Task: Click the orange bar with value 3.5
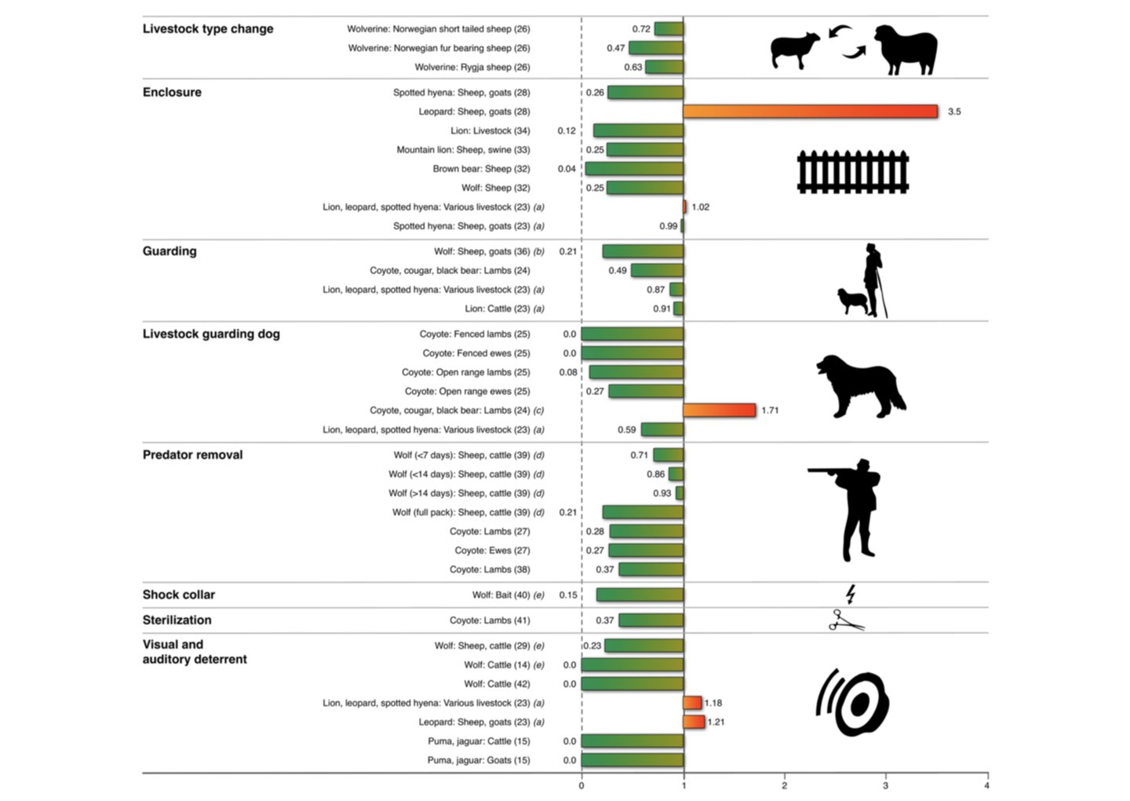[x=810, y=112]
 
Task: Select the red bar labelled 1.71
[x=719, y=410]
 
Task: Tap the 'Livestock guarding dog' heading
[x=211, y=334]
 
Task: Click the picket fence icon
[x=852, y=172]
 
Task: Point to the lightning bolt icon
[x=850, y=594]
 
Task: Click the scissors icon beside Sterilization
[x=846, y=620]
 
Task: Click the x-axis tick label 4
[x=986, y=785]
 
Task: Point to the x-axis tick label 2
[x=784, y=785]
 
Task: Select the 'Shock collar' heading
[x=178, y=594]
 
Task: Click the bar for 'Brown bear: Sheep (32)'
[x=634, y=169]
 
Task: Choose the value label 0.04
[x=567, y=169]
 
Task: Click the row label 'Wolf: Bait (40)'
[x=503, y=595]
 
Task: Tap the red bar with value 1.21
[x=694, y=722]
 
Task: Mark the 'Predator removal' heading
[x=192, y=455]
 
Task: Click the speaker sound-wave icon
[x=852, y=703]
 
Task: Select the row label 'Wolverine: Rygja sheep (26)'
[x=472, y=68]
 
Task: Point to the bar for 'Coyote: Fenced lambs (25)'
[x=632, y=334]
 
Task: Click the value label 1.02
[x=700, y=207]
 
